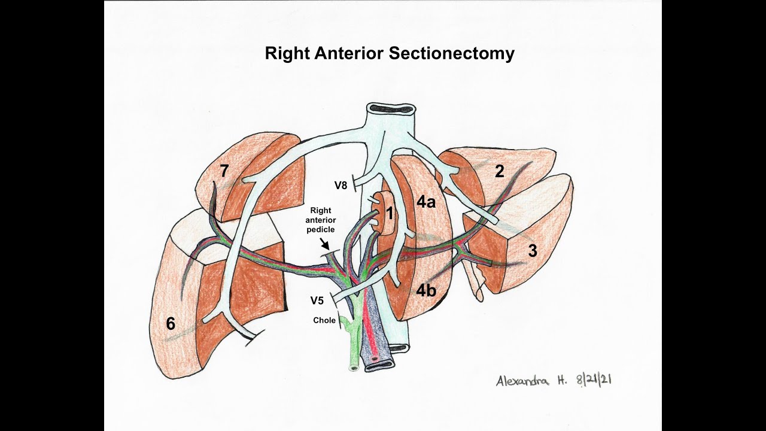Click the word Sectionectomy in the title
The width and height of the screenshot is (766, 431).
[x=452, y=54]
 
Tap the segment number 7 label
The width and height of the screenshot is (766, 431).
[x=224, y=171]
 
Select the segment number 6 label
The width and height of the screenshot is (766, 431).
[x=171, y=324]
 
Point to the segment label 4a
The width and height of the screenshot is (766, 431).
[x=426, y=202]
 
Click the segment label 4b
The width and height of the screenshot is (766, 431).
[x=426, y=291]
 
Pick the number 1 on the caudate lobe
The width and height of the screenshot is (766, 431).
[x=389, y=213]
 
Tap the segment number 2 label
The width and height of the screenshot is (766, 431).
[x=499, y=172]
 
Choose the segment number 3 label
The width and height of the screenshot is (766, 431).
[x=533, y=251]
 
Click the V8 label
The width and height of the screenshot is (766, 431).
[x=341, y=186]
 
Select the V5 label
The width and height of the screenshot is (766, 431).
[x=317, y=300]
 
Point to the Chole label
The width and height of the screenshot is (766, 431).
[x=324, y=320]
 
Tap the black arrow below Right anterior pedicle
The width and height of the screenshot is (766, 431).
[x=324, y=244]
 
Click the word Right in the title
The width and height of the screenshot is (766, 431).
[x=288, y=54]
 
